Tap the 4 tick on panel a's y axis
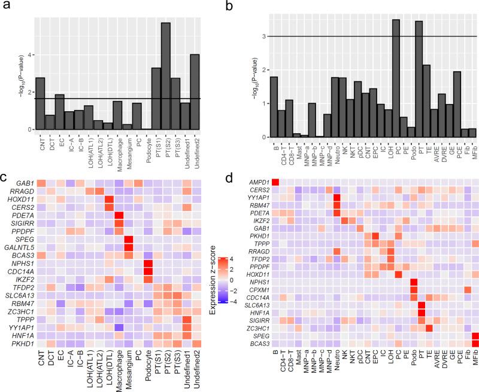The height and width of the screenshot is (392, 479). pos(29,55)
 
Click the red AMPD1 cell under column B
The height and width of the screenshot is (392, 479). pos(276,182)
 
